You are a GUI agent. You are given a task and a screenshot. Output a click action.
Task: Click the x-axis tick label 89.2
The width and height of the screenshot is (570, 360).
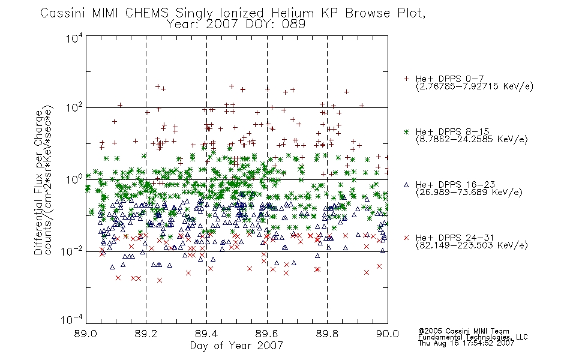point(146,334)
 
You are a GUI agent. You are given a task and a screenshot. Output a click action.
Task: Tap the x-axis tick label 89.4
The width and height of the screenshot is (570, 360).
point(206,334)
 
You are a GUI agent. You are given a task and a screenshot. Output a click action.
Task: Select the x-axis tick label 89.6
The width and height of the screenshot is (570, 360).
point(267,334)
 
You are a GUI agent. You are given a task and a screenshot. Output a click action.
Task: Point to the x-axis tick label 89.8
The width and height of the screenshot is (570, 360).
point(327,334)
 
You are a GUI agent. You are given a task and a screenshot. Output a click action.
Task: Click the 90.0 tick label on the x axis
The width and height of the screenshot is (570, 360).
point(388,334)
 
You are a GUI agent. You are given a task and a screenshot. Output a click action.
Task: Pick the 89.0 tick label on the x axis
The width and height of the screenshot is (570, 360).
point(86,334)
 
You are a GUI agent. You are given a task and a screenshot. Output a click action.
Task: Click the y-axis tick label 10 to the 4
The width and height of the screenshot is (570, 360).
point(74,38)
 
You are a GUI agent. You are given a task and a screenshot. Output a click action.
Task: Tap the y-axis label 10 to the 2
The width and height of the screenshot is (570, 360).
point(74,108)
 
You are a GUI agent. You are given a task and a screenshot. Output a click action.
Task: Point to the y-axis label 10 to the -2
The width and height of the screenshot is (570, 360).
point(72,251)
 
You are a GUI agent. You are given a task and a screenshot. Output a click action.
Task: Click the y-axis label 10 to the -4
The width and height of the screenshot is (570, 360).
point(72,319)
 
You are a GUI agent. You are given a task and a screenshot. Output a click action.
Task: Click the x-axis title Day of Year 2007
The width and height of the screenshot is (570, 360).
point(236,346)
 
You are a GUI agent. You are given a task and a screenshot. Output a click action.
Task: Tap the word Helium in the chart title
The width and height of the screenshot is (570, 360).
point(292,13)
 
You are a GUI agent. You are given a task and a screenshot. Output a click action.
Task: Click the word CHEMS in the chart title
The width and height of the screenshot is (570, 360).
point(147,13)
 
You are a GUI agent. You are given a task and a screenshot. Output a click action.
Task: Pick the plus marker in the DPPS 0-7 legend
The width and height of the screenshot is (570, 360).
point(406,79)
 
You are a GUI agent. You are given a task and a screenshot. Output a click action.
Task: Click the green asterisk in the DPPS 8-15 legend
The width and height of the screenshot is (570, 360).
point(406,131)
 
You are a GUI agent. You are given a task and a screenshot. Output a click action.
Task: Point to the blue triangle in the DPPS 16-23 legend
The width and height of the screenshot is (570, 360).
point(406,185)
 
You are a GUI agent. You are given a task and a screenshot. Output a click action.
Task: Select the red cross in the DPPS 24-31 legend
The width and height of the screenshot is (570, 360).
point(406,238)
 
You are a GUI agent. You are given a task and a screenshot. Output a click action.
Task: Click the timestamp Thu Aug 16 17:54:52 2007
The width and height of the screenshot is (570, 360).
point(466,343)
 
